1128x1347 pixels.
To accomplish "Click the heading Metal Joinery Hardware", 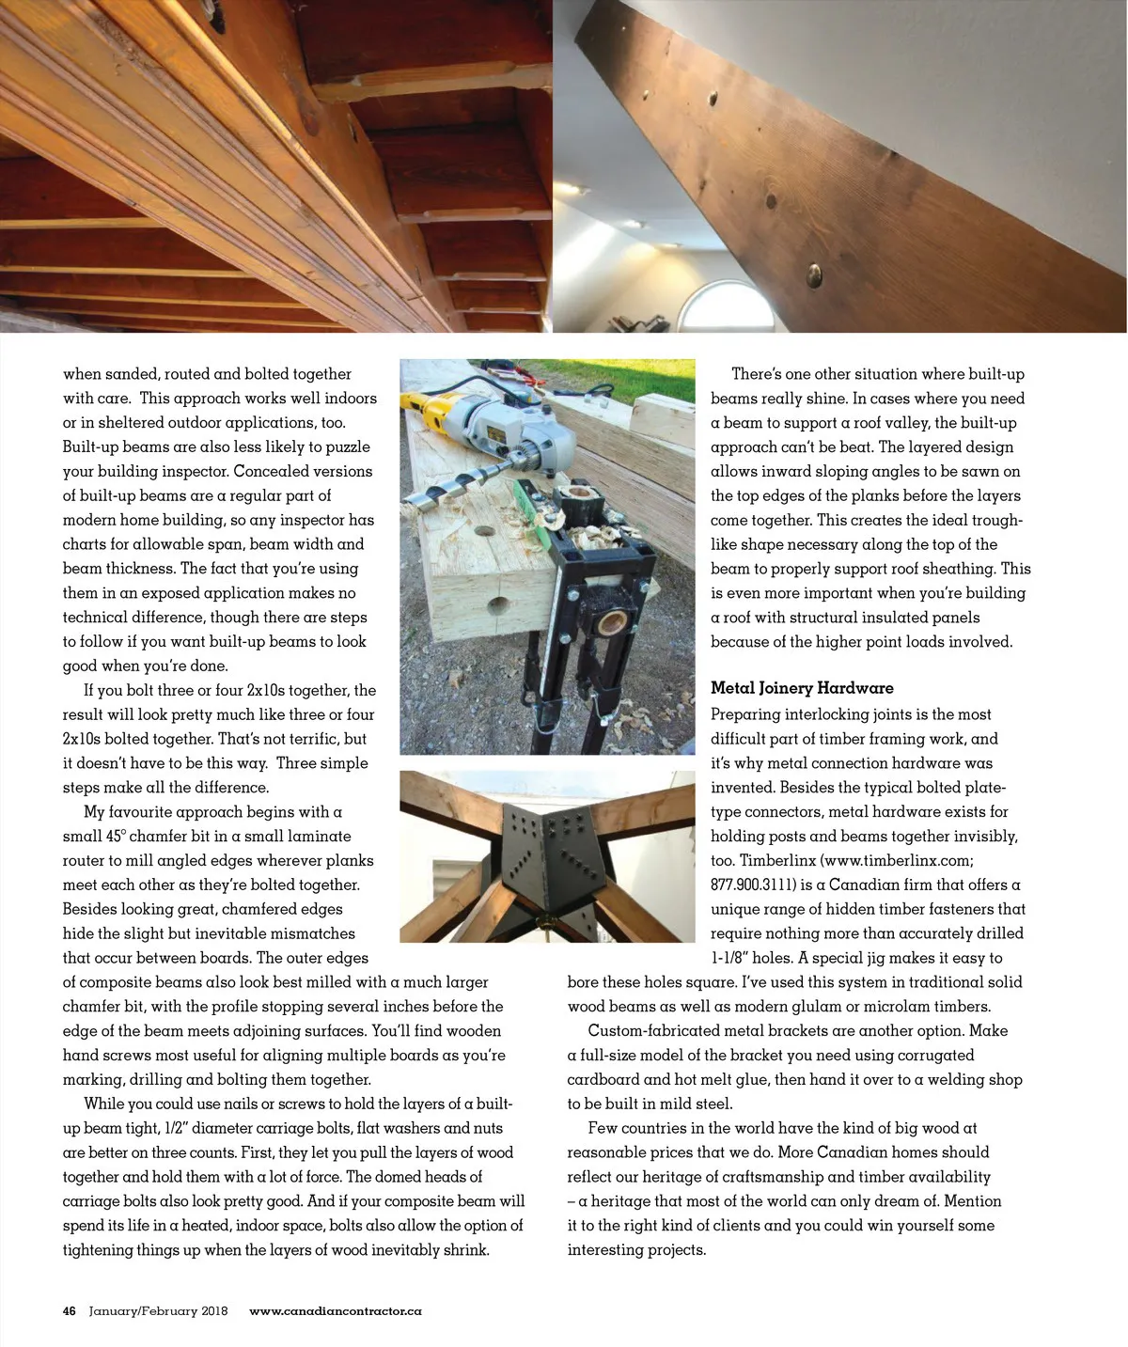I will pos(802,688).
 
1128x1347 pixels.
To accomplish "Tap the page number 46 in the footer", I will pos(70,1311).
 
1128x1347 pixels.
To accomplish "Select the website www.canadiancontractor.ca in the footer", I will pos(336,1311).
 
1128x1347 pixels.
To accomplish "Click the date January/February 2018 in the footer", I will pos(158,1311).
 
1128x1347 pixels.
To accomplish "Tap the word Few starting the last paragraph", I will pos(602,1128).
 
